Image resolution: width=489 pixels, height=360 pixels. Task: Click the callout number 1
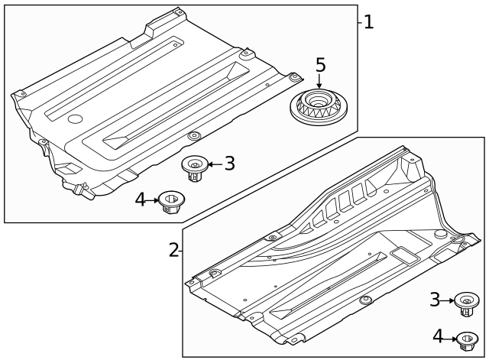[368, 21]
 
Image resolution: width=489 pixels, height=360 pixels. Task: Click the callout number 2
[173, 250]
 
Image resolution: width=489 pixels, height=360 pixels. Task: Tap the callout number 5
[320, 65]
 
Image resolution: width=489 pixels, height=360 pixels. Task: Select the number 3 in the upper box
[229, 163]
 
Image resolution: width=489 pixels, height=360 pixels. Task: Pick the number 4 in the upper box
[141, 199]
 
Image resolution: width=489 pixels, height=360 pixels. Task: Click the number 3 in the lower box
[435, 300]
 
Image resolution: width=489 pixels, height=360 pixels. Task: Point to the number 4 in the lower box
[437, 336]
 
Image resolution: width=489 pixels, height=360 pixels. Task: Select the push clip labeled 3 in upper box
[194, 167]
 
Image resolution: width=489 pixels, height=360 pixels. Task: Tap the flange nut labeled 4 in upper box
[169, 203]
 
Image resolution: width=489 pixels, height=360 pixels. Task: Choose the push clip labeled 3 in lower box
[464, 303]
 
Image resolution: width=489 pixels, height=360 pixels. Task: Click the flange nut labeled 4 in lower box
[466, 338]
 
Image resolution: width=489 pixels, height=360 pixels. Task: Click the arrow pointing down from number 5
[319, 83]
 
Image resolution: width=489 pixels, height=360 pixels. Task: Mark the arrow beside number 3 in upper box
[213, 163]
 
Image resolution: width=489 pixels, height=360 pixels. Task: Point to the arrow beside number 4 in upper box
[153, 200]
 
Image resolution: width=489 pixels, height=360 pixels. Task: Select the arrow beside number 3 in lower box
[448, 300]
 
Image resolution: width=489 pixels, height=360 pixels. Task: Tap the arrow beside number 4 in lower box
[450, 336]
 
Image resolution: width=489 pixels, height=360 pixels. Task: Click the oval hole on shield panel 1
[74, 119]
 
